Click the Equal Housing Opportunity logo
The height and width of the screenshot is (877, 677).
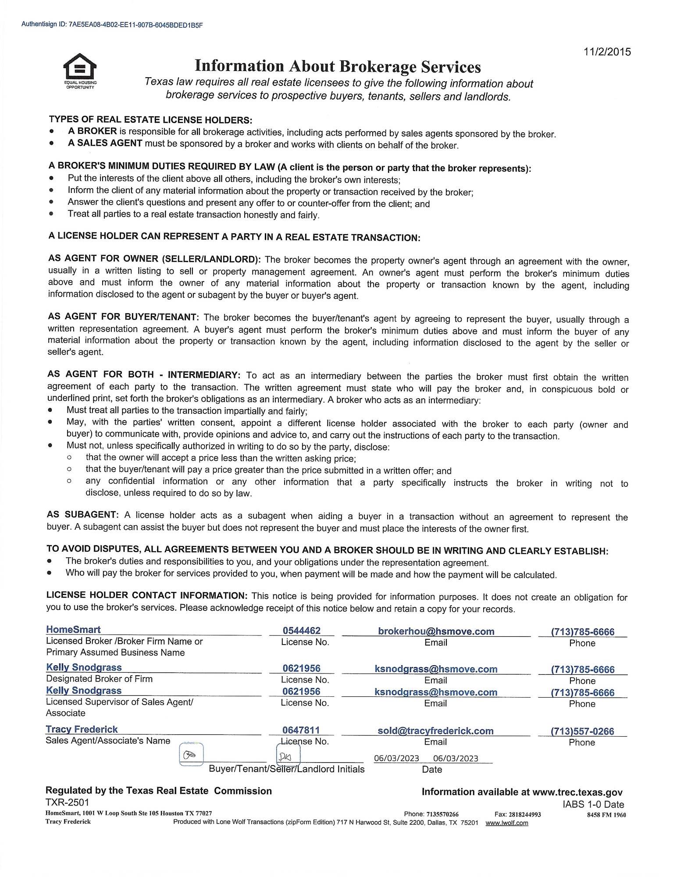(x=80, y=70)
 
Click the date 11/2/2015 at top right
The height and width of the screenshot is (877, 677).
(x=607, y=52)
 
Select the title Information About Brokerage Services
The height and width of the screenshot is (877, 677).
(x=338, y=66)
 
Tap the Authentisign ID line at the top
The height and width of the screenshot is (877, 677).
(x=112, y=25)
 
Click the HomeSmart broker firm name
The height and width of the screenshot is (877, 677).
(x=73, y=629)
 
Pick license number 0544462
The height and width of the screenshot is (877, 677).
(x=302, y=631)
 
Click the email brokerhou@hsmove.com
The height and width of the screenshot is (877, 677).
(x=436, y=631)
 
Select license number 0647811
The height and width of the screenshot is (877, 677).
(x=301, y=730)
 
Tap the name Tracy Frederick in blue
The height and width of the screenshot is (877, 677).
(x=82, y=729)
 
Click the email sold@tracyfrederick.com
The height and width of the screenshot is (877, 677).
(x=435, y=731)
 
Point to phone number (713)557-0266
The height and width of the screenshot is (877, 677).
(x=582, y=731)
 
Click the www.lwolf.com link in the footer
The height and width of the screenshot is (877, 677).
(x=506, y=823)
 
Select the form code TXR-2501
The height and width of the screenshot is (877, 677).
(x=67, y=802)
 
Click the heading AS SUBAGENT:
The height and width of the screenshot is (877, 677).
(x=83, y=514)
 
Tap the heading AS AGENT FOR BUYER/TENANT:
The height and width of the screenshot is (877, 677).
(x=124, y=317)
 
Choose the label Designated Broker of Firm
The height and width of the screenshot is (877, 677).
(x=99, y=679)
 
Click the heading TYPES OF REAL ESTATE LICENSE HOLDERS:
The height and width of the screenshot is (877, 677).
(x=150, y=120)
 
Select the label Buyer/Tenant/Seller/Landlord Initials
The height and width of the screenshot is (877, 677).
(x=287, y=769)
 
